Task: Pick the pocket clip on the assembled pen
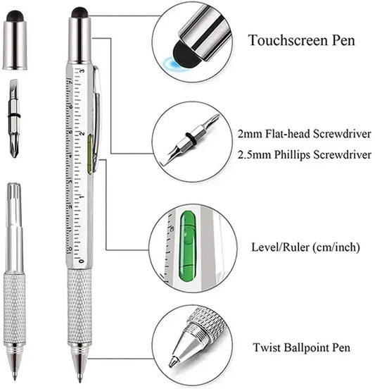94,113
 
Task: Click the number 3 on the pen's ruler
82,72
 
